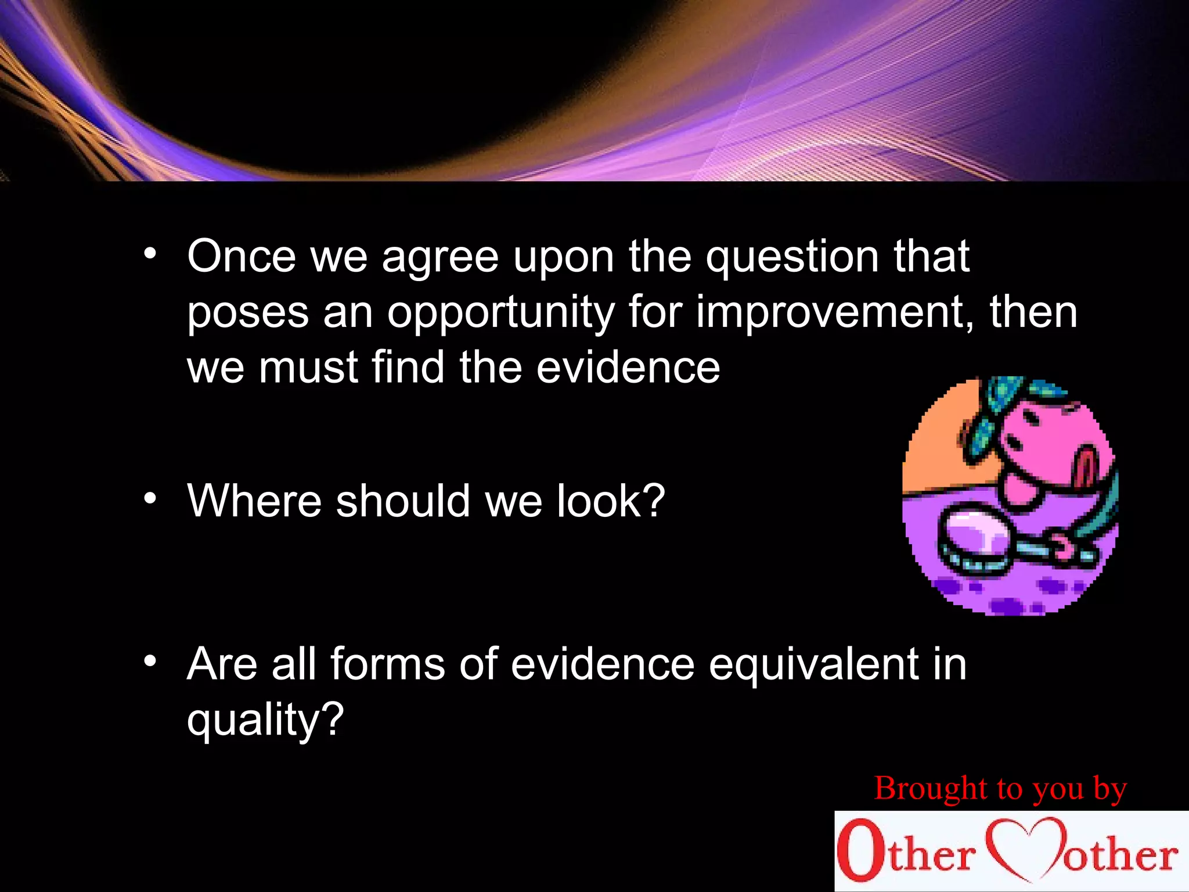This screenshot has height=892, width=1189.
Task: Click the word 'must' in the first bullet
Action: (308, 368)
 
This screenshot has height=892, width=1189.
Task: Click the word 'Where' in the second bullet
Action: (254, 501)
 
